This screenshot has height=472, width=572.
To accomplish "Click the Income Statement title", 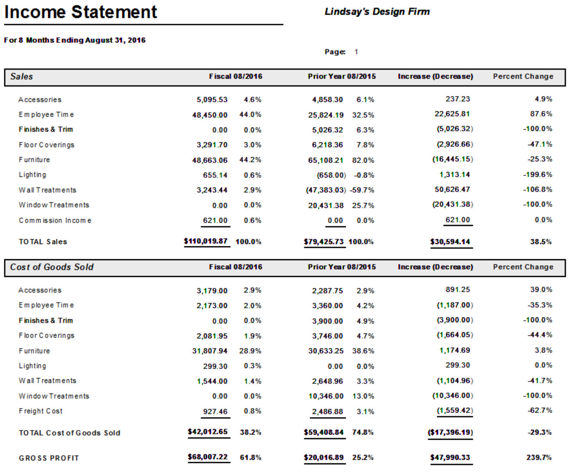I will pyautogui.click(x=80, y=12).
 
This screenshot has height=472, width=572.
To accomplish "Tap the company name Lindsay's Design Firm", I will pyautogui.click(x=377, y=12).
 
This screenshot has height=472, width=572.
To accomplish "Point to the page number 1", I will pyautogui.click(x=356, y=52).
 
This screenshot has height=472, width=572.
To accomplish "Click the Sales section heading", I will pyautogui.click(x=22, y=77).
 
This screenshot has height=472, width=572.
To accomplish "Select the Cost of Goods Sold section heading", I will pyautogui.click(x=52, y=267).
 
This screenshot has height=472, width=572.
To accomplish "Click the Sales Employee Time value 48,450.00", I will pyautogui.click(x=209, y=115).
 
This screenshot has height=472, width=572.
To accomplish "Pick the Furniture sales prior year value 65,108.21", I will pyautogui.click(x=326, y=160).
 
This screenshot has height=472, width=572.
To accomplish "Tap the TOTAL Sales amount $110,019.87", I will pyautogui.click(x=206, y=241).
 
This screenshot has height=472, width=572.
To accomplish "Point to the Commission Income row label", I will pyautogui.click(x=55, y=220).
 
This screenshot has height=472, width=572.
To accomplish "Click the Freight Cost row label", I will pyautogui.click(x=40, y=411).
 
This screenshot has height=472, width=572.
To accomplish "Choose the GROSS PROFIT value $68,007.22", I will pyautogui.click(x=207, y=457).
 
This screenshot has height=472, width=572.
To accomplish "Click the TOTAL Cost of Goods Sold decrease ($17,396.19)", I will pyautogui.click(x=450, y=432).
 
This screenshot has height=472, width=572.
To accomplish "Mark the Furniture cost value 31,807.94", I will pyautogui.click(x=209, y=351).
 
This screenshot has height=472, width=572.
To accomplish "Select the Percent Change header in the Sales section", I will pyautogui.click(x=523, y=76).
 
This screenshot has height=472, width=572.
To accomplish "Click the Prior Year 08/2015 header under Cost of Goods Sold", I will pyautogui.click(x=341, y=267).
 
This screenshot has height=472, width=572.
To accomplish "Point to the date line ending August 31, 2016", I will pyautogui.click(x=75, y=40).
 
